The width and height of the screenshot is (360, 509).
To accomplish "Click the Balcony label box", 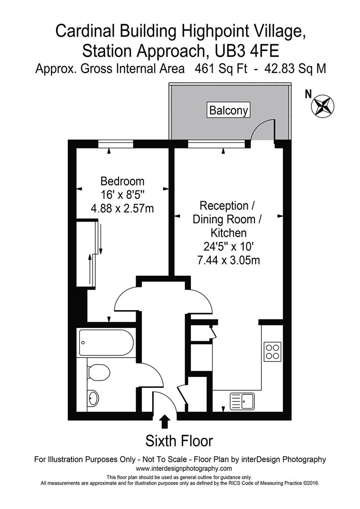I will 229,111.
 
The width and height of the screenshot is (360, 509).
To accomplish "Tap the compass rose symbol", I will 322,106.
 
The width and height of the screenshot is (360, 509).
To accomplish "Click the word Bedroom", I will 123,181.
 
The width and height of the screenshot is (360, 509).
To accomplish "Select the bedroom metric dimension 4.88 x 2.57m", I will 123,207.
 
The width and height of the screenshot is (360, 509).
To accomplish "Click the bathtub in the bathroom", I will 106,343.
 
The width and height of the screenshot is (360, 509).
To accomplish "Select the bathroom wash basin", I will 94,398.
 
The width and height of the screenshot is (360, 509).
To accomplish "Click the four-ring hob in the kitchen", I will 272,351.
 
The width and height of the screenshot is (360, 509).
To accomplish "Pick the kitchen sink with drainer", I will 242,402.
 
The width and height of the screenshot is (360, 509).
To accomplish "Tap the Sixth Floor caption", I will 179,441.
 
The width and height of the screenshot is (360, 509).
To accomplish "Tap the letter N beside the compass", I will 308,94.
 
